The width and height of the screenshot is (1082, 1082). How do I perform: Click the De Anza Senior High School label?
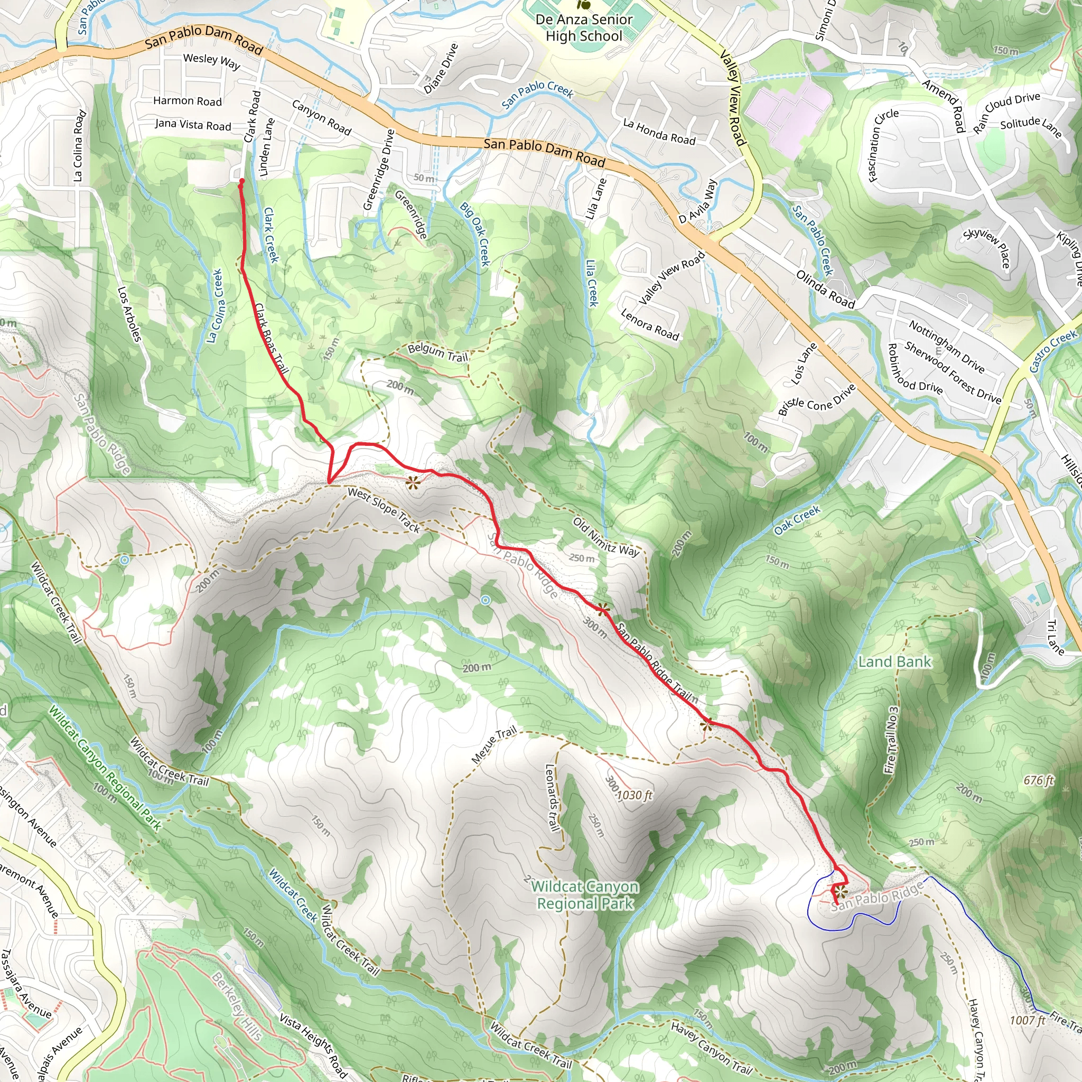coord(584,28)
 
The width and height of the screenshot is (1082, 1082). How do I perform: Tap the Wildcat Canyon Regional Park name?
coord(585,895)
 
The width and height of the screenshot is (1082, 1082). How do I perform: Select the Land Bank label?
coord(894,662)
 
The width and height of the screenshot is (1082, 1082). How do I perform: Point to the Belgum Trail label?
coord(437,352)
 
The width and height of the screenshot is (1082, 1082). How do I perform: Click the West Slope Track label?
coord(384,509)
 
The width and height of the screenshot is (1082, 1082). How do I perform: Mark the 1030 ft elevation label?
coord(635,795)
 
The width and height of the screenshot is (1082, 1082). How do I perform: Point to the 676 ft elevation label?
coord(1038,780)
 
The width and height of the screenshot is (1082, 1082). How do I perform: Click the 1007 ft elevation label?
coord(1028,1020)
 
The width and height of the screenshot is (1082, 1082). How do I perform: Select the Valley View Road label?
coord(733,98)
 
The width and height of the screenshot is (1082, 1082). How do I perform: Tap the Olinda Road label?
coord(825,290)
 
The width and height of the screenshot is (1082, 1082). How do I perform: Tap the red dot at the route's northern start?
coord(241,181)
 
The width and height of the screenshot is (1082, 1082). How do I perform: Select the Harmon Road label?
coord(188,101)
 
